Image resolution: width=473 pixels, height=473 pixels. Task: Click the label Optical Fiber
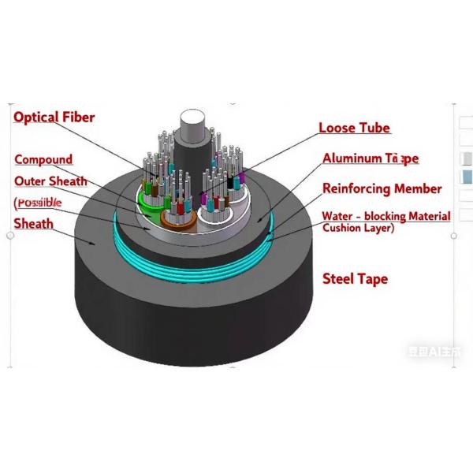[54, 117]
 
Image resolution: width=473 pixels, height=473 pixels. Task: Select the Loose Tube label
[354, 128]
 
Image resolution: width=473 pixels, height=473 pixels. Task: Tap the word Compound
[43, 159]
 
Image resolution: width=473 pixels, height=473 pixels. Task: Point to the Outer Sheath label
[50, 181]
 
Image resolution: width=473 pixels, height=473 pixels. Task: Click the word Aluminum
[350, 158]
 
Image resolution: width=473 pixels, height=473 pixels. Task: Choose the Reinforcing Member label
[382, 189]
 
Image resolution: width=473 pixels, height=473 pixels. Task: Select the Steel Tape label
[356, 278]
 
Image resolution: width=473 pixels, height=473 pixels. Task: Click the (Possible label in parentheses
[38, 203]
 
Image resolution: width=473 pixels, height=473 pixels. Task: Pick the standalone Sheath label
[34, 224]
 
